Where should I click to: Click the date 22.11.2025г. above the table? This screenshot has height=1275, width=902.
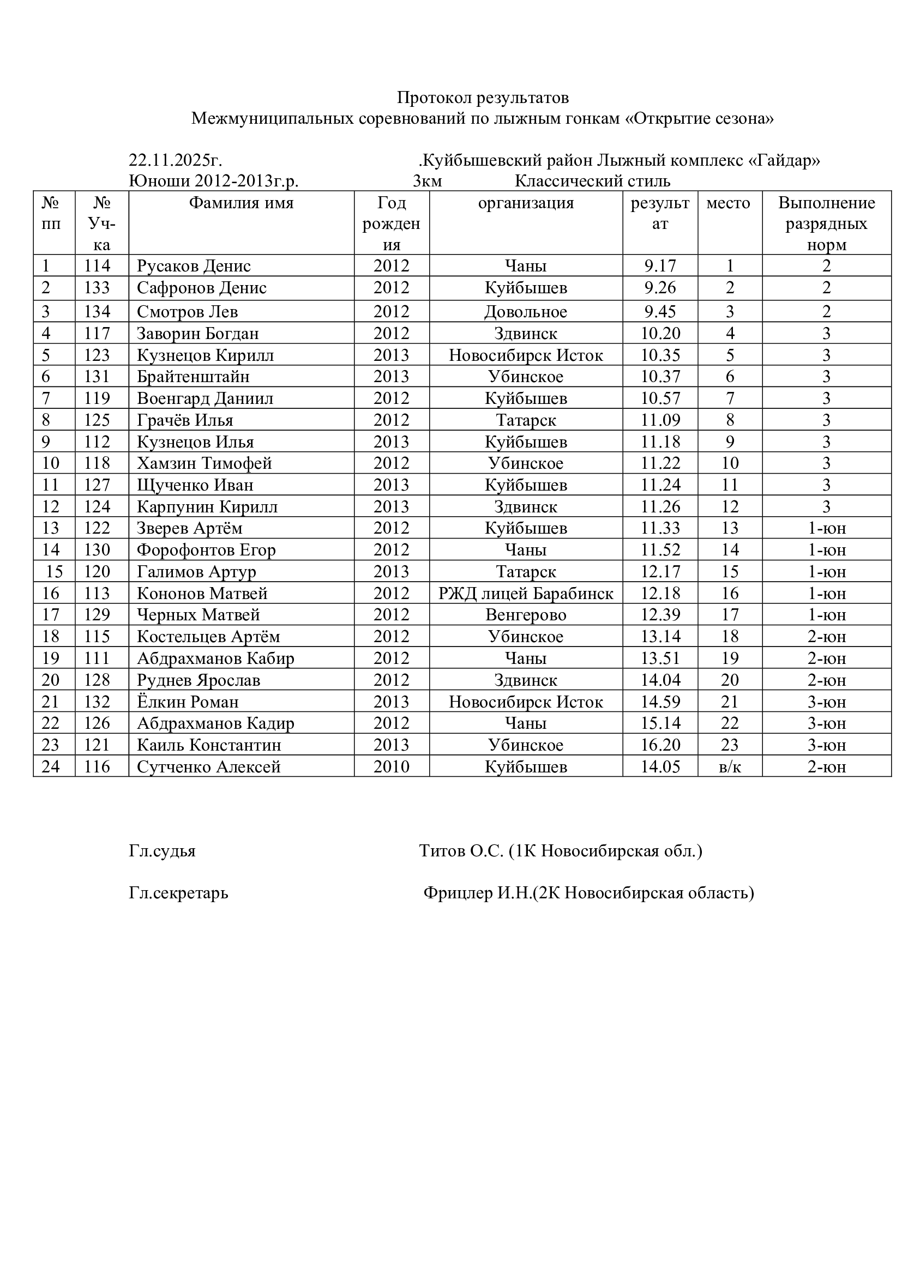[175, 160]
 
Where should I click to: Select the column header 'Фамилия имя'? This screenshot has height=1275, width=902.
[241, 203]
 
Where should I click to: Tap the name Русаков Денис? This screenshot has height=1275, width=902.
[194, 266]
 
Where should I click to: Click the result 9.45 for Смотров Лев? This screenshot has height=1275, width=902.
[660, 312]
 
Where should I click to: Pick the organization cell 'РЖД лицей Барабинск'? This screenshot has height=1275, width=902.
[525, 594]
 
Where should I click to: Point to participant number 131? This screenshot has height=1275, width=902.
[97, 377]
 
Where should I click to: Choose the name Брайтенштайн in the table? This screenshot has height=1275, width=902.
[193, 377]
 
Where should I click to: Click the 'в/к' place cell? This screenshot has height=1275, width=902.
[730, 767]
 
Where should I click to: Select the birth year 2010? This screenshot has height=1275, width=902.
[391, 767]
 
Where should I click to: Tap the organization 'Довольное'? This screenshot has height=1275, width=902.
[525, 312]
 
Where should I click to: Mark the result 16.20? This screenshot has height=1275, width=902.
[660, 745]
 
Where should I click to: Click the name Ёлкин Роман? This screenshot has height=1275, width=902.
[188, 702]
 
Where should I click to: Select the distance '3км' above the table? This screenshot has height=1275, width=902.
[427, 182]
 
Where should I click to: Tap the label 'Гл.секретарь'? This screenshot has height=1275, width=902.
[178, 893]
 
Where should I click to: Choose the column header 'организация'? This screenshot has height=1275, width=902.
[525, 203]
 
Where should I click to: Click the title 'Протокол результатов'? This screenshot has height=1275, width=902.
[483, 98]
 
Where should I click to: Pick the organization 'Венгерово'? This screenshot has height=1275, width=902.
[525, 615]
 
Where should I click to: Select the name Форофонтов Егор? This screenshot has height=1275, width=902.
[206, 551]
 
